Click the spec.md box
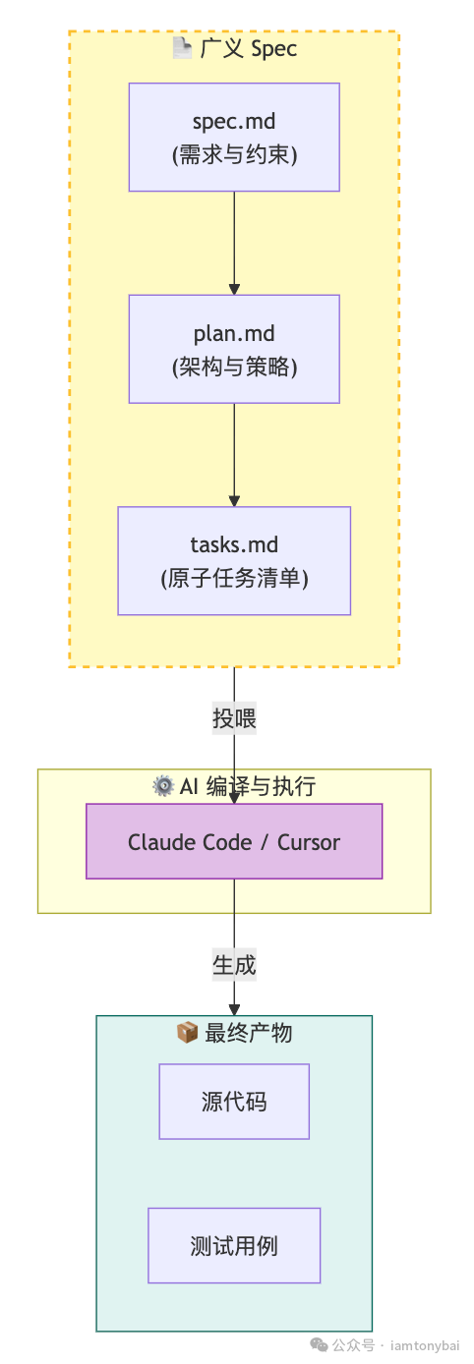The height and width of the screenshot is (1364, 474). coord(234,137)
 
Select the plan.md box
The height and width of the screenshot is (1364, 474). coord(234,348)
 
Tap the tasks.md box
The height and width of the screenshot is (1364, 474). coord(234,560)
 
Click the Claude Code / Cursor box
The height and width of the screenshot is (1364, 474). coord(234,841)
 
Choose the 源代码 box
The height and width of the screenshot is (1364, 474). coord(234,1102)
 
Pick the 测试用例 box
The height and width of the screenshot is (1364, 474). coord(234,1245)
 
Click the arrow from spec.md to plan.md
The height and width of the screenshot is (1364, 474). coord(234,242)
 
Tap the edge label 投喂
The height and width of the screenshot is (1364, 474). coord(234,718)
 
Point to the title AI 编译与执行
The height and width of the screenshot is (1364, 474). coord(247,785)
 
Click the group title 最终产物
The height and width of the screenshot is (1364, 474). coord(247,1032)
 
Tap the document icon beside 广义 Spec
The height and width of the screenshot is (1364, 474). coord(182,48)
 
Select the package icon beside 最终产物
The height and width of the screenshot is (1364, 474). coord(187,1032)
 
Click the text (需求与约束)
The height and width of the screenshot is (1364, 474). coord(234,154)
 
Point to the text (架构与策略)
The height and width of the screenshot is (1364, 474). coord(234,367)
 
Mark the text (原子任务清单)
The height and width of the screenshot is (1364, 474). coord(234,579)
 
